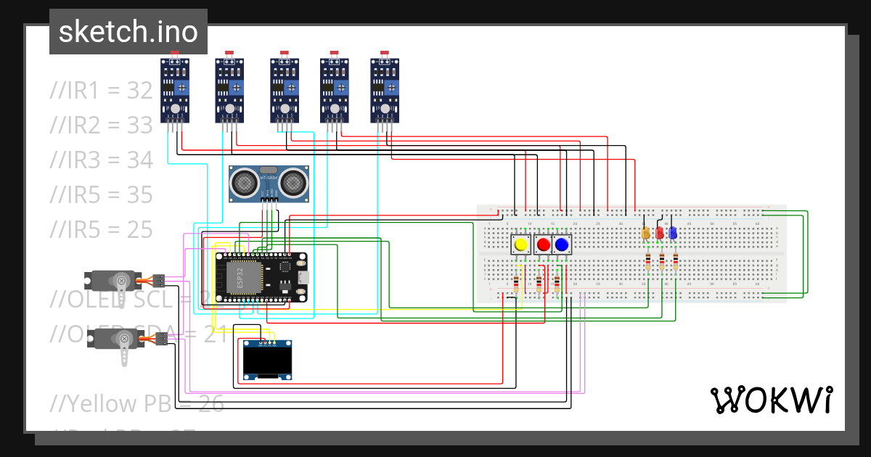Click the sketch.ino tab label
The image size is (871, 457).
128,32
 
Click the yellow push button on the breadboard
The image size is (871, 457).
520,244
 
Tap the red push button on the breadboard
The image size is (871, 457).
543,244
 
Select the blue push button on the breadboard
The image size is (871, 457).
562,244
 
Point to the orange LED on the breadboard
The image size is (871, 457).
646,233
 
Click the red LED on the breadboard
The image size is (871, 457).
659,233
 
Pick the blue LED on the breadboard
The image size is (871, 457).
672,233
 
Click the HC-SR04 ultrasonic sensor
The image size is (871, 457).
268,184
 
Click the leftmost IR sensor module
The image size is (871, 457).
175,91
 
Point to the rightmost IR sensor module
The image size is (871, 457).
385,91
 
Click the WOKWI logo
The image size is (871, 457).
771,400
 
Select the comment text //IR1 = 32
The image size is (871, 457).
101,91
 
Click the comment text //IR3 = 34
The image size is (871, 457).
101,160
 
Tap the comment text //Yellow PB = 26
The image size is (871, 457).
136,403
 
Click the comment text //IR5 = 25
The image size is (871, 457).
101,229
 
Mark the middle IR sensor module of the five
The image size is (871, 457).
285,91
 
